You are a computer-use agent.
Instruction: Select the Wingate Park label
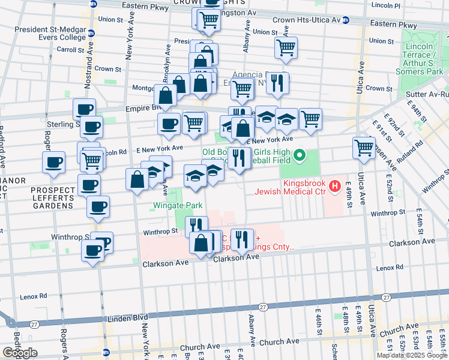(x=176, y=206)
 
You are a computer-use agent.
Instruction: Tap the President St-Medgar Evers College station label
(x=50, y=32)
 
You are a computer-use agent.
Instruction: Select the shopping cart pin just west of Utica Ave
(x=364, y=148)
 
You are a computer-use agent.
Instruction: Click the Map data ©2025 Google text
(x=411, y=355)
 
